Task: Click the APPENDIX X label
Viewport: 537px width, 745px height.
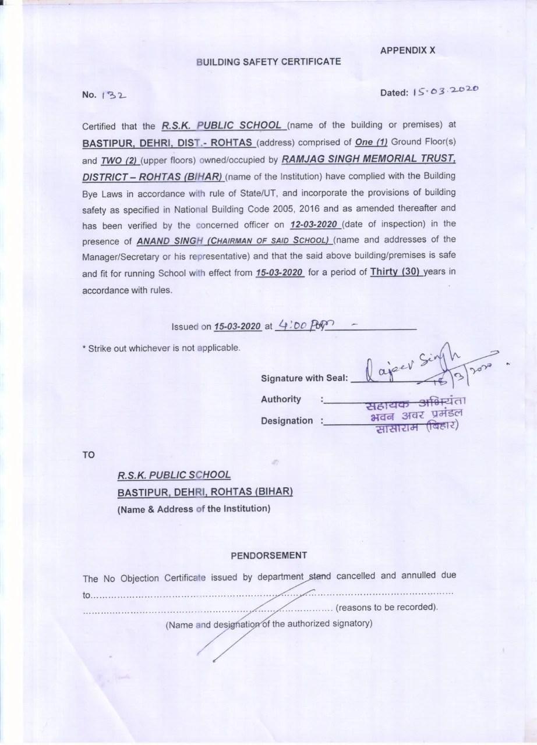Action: coord(407,51)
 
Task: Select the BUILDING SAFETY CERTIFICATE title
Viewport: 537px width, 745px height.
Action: coord(268,61)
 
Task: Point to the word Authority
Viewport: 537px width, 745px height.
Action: coord(281,399)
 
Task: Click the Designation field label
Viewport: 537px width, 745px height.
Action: coord(287,420)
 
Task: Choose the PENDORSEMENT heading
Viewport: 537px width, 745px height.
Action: coord(269,555)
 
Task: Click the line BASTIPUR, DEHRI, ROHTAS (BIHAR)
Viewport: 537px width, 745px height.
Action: coord(205,492)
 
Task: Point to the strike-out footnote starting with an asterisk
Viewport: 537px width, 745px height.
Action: coord(160,348)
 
